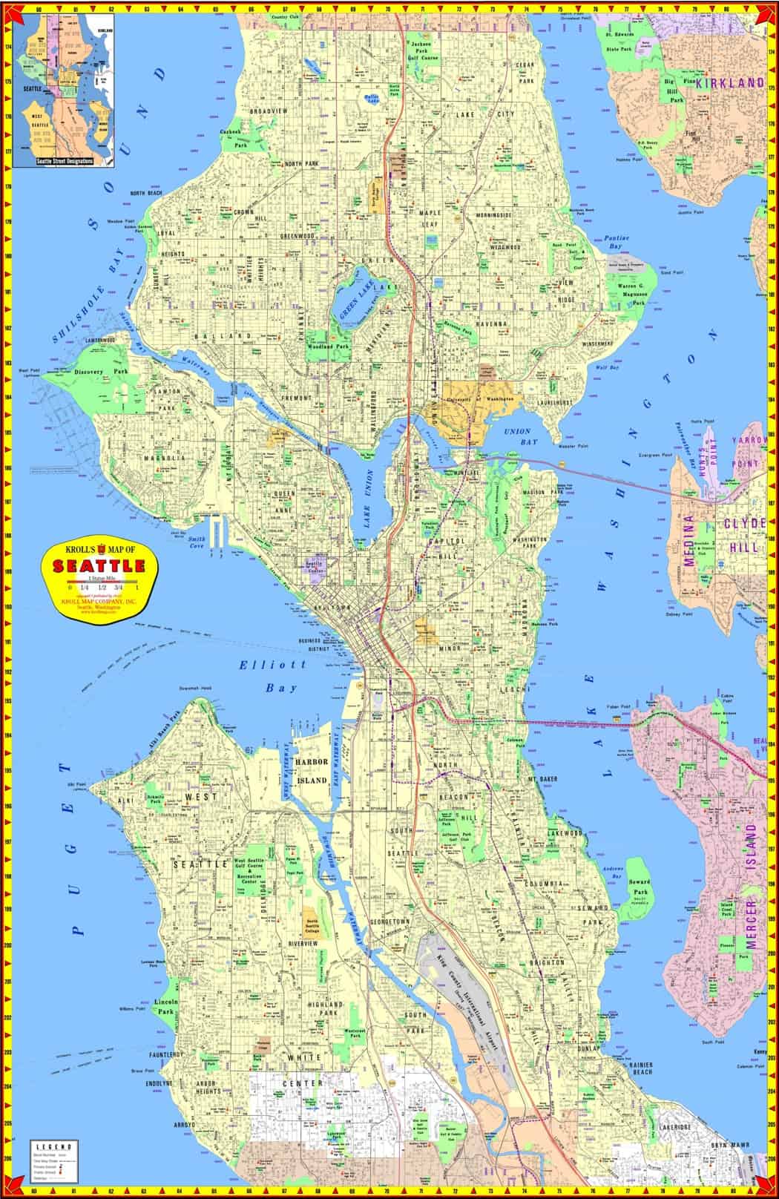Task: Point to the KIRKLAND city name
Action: pyautogui.click(x=729, y=83)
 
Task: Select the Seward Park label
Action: pyautogui.click(x=640, y=887)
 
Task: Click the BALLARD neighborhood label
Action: pyautogui.click(x=235, y=336)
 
